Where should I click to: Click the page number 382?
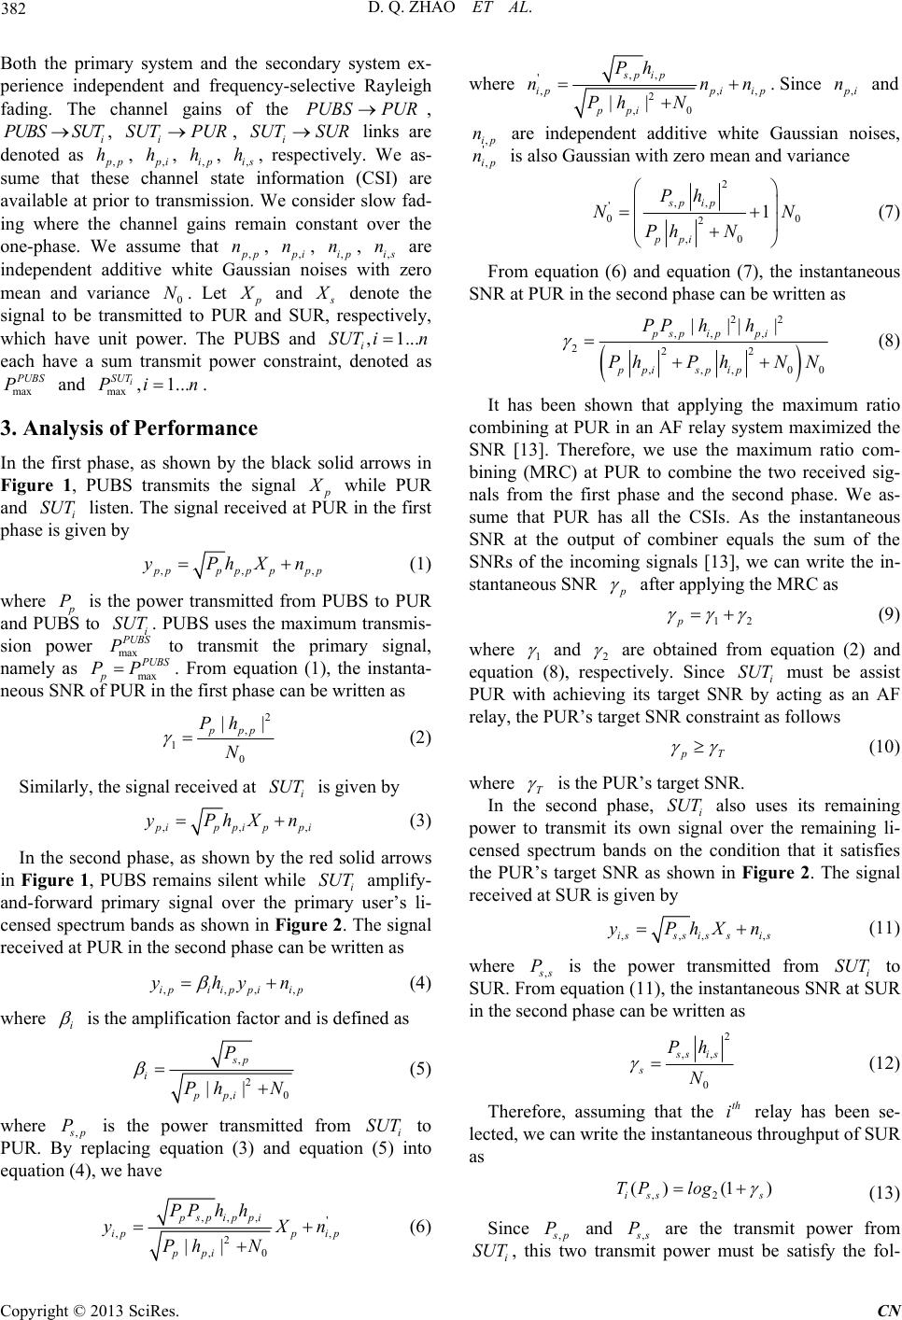pos(17,10)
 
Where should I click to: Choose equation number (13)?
pos(883,1205)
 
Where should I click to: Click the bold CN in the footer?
pos(888,1309)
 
